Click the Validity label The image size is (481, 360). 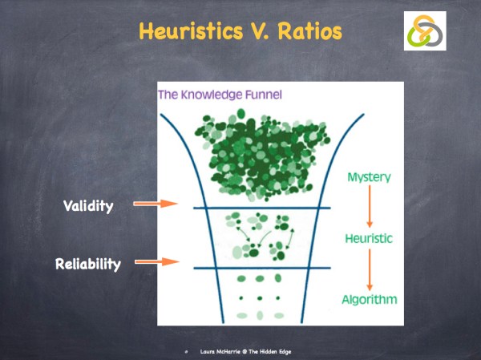[x=88, y=206]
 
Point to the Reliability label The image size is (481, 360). [x=87, y=263]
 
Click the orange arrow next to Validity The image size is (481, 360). [x=155, y=204]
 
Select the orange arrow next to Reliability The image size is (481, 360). [x=155, y=261]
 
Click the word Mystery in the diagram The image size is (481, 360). [x=370, y=176]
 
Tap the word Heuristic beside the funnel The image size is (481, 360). [x=370, y=239]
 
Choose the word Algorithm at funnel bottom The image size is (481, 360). [x=370, y=300]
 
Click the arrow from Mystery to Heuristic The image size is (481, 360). [x=370, y=208]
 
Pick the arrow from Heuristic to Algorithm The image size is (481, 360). [x=370, y=269]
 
